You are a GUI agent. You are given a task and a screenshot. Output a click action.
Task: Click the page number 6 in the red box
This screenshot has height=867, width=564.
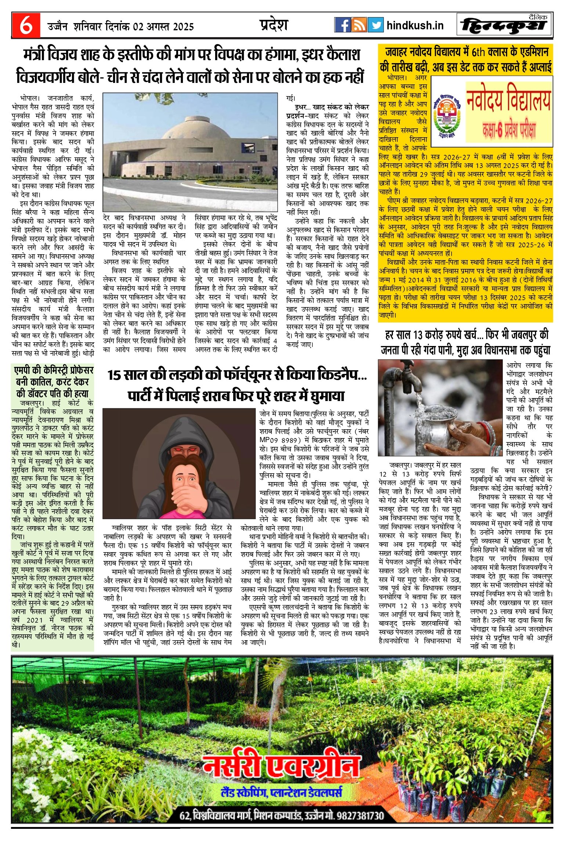(26, 25)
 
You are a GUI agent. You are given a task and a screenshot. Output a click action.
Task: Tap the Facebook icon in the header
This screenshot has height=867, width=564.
(342, 25)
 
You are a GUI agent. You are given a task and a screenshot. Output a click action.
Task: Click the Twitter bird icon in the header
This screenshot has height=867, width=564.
(375, 25)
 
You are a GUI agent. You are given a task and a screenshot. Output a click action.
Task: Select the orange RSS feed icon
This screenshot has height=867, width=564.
(359, 25)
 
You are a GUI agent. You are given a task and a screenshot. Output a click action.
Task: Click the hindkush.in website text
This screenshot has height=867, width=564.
(415, 25)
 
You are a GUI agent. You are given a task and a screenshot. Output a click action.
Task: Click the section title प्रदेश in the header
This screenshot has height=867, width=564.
(274, 25)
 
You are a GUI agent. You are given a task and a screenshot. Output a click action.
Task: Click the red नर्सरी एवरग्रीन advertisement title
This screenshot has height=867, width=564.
(281, 766)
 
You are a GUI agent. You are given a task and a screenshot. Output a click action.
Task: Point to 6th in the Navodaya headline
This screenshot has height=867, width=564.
(478, 52)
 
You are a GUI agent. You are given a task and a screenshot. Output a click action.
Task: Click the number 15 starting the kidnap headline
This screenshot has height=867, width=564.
(114, 375)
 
